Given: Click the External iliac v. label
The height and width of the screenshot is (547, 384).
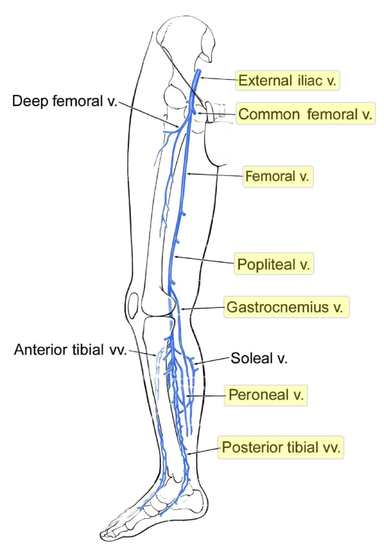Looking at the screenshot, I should click(287, 81).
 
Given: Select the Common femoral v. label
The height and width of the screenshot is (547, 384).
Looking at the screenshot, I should click(305, 114).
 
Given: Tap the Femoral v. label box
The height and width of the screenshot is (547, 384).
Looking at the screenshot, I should click(278, 176).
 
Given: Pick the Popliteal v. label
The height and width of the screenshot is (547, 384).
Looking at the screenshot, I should click(274, 264).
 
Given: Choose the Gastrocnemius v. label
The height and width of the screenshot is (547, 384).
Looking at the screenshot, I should click(286, 307).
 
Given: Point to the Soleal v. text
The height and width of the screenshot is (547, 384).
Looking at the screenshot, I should click(259, 358).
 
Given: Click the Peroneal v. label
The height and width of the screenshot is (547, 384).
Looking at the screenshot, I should click(266, 395).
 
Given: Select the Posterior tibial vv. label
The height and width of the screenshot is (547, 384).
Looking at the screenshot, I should click(281, 447).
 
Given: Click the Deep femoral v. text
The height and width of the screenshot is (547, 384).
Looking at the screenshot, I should click(65, 101).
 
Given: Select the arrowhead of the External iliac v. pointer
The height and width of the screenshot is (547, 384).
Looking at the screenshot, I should click(200, 78).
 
